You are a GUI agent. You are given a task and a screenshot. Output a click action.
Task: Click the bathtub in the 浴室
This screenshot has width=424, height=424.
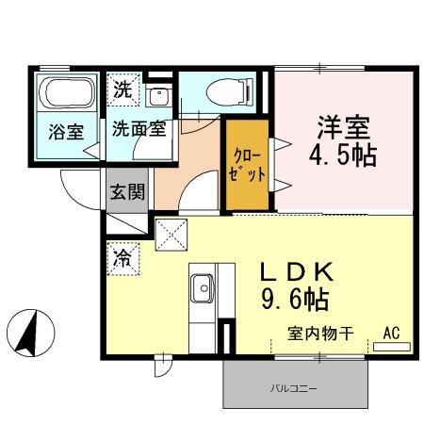click(x=67, y=95)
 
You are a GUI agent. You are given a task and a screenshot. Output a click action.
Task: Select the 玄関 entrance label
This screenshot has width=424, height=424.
click(x=127, y=193)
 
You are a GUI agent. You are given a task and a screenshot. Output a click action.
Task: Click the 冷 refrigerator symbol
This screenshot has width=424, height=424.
click(x=122, y=257)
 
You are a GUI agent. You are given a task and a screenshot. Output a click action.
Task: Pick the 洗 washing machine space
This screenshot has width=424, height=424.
click(x=123, y=91)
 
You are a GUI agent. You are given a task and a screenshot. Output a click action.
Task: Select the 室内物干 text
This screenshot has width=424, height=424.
click(x=320, y=333)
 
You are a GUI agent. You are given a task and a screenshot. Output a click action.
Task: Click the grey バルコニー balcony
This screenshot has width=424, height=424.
click(x=294, y=386)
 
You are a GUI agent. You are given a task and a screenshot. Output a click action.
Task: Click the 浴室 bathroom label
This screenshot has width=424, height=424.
click(x=67, y=133)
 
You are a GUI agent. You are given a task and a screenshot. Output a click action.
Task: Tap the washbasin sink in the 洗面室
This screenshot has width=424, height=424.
click(x=159, y=94)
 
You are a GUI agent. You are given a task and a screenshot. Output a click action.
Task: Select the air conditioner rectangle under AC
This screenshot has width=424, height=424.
click(x=391, y=347)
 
